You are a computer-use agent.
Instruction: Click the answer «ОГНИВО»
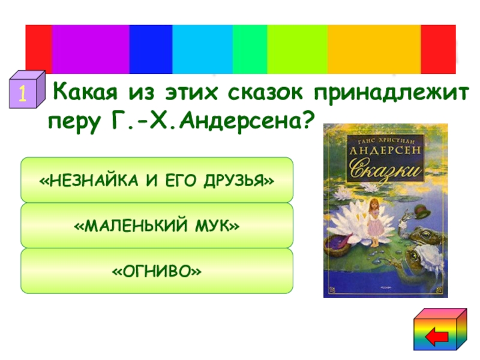point(157,272)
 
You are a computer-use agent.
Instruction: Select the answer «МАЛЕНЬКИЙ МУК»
point(157,226)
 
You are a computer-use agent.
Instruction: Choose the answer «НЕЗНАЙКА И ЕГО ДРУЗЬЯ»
point(157,180)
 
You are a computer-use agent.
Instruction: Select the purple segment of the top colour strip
point(90,49)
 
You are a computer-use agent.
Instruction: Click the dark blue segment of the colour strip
point(151,49)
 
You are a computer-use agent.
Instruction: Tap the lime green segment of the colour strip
point(297,49)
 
